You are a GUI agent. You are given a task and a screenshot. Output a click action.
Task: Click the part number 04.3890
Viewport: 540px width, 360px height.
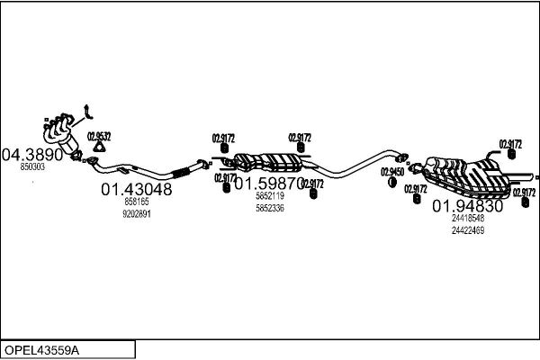34,154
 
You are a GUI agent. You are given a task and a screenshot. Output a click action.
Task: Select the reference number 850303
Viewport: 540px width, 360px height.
32,167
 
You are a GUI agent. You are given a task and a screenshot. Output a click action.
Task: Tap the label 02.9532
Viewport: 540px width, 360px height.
99,137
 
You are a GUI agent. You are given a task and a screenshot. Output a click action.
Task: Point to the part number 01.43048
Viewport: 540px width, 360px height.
136,189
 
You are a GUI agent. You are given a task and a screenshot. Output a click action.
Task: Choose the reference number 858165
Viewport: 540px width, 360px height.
137,202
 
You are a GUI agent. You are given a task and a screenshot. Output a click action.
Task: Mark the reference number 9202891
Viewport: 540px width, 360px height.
137,214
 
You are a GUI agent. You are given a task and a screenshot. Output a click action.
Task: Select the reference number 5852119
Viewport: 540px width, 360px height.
269,196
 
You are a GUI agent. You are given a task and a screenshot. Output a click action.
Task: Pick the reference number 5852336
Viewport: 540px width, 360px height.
269,208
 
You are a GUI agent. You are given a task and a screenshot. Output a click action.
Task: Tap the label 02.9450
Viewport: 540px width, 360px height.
391,171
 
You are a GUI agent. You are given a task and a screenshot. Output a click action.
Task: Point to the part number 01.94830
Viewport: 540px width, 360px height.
468,205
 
